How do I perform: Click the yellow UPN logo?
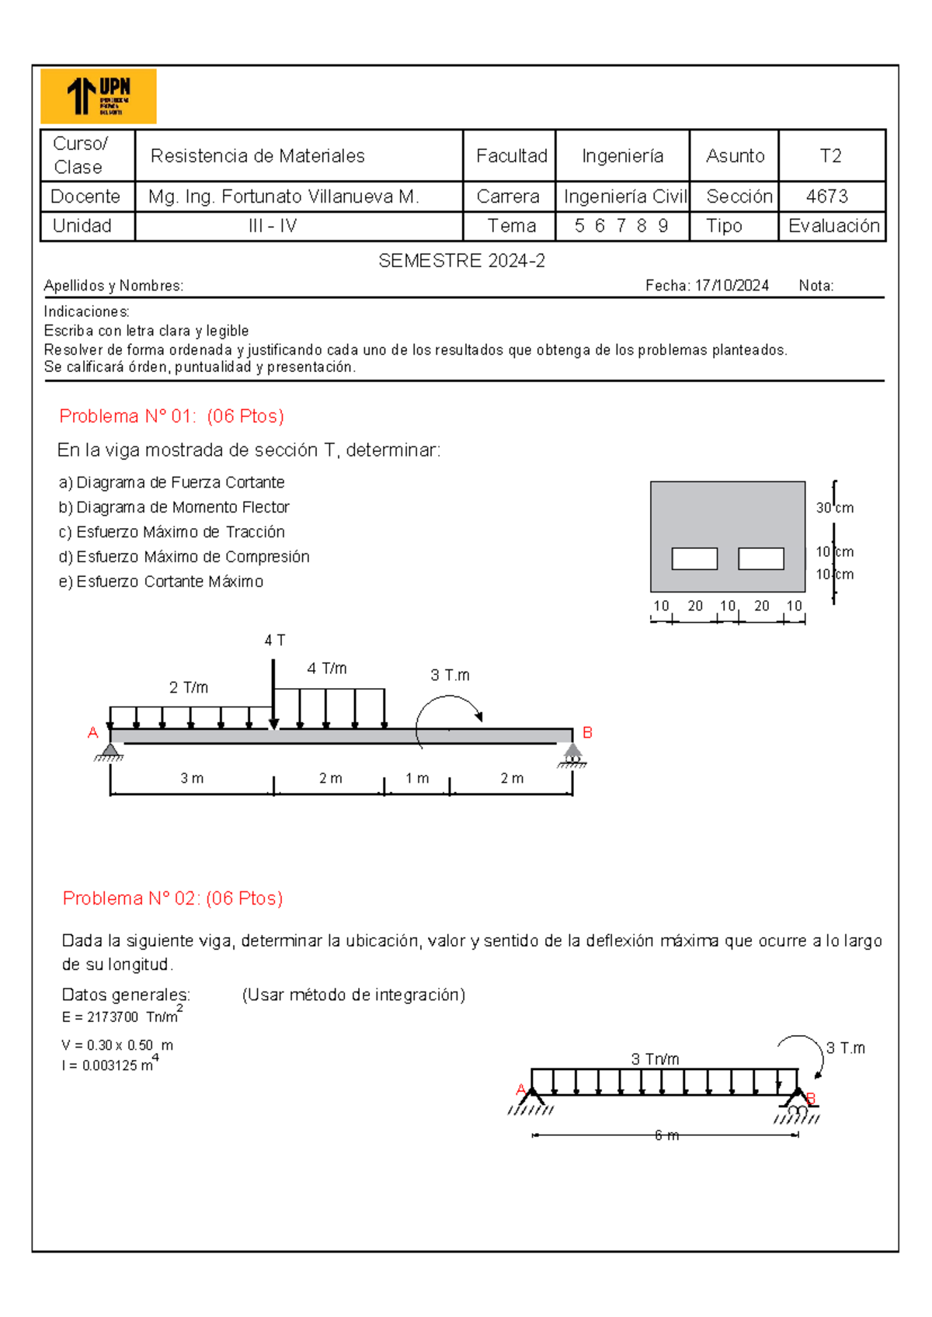point(98,96)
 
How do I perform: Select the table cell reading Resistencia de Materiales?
point(257,156)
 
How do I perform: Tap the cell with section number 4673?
point(827,196)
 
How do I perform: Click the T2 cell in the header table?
point(830,156)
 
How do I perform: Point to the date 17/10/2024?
point(732,286)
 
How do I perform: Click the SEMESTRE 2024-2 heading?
point(461,261)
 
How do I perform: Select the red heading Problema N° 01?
point(172,416)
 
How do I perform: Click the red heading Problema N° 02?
point(172,898)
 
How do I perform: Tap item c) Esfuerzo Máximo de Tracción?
point(172,532)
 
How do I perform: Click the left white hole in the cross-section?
point(694,558)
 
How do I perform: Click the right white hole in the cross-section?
point(761,558)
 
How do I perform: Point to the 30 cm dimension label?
point(834,508)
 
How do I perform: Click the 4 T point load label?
point(274,641)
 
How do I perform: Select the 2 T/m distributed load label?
point(189,687)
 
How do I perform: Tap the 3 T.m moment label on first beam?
point(450,675)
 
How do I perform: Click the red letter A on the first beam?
point(93,732)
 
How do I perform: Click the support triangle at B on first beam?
point(572,751)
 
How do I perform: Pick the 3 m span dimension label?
point(192,778)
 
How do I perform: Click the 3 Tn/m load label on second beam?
point(655,1059)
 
